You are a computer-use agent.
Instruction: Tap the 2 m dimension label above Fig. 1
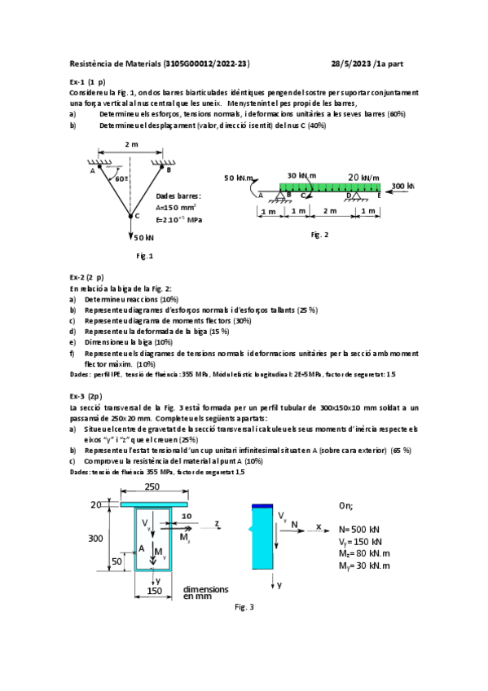[x=131, y=144]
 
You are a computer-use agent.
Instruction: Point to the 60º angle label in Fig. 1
[x=121, y=178]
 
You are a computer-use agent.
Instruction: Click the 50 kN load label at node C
[x=144, y=237]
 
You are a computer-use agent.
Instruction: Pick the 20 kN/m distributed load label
[x=364, y=176]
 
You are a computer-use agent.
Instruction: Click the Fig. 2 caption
[x=319, y=235]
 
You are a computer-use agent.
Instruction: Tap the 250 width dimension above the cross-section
[x=152, y=486]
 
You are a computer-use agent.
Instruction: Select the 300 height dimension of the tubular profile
[x=95, y=538]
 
